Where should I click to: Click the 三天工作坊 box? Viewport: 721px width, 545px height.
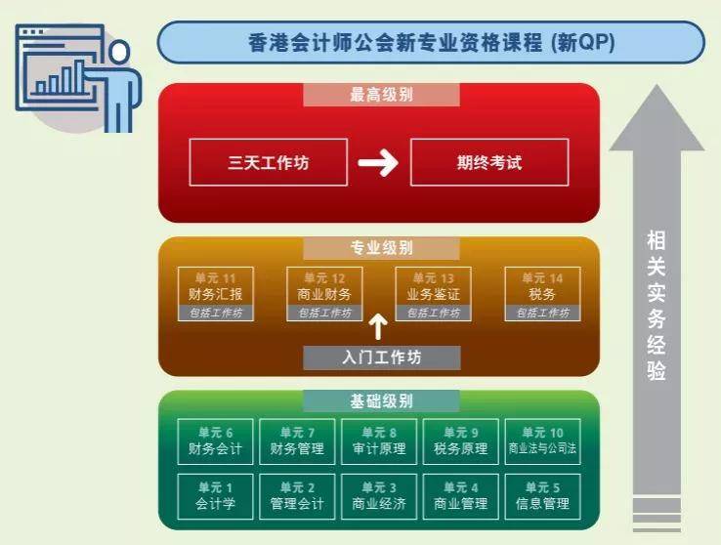tap(268, 162)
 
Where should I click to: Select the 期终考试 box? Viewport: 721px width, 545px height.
tap(489, 162)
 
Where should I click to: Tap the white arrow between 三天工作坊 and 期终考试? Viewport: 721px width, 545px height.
tap(378, 162)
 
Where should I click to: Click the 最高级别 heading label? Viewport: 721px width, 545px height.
tap(381, 95)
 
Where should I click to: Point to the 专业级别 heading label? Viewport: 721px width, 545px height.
tap(381, 248)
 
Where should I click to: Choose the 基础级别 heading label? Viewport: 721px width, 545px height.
tap(381, 401)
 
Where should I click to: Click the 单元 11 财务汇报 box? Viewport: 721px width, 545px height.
tap(216, 294)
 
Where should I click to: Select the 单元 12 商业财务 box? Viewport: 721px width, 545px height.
tap(324, 294)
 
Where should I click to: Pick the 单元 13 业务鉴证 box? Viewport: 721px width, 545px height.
tap(433, 294)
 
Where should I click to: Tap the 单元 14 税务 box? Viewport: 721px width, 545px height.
tap(542, 294)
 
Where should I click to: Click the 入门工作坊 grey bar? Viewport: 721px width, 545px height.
tap(382, 357)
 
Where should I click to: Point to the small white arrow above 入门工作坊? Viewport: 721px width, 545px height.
tap(378, 327)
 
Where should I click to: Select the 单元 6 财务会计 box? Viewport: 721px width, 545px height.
tap(215, 441)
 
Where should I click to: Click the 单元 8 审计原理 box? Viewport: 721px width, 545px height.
tap(379, 441)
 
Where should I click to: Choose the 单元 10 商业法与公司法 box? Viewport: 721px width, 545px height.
tap(542, 441)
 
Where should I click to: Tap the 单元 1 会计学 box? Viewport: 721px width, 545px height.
tap(215, 496)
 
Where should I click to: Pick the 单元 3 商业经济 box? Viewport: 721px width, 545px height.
tap(379, 496)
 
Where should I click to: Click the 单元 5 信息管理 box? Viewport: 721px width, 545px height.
tap(542, 496)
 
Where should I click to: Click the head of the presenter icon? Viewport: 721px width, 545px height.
tap(119, 52)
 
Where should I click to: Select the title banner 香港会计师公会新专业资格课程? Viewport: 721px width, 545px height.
tap(431, 42)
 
